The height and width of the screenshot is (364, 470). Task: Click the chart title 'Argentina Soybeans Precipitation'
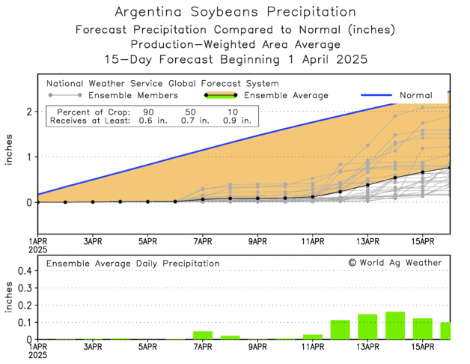235,13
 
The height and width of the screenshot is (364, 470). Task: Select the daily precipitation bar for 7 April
203,335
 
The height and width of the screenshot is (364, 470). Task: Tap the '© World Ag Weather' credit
394,263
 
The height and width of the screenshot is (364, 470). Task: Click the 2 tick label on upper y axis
28,111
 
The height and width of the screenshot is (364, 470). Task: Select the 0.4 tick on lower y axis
25,271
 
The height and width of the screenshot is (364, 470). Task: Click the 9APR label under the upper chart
257,241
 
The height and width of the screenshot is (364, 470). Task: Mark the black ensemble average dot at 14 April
395,178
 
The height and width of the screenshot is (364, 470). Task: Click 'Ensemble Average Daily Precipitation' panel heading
133,264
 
